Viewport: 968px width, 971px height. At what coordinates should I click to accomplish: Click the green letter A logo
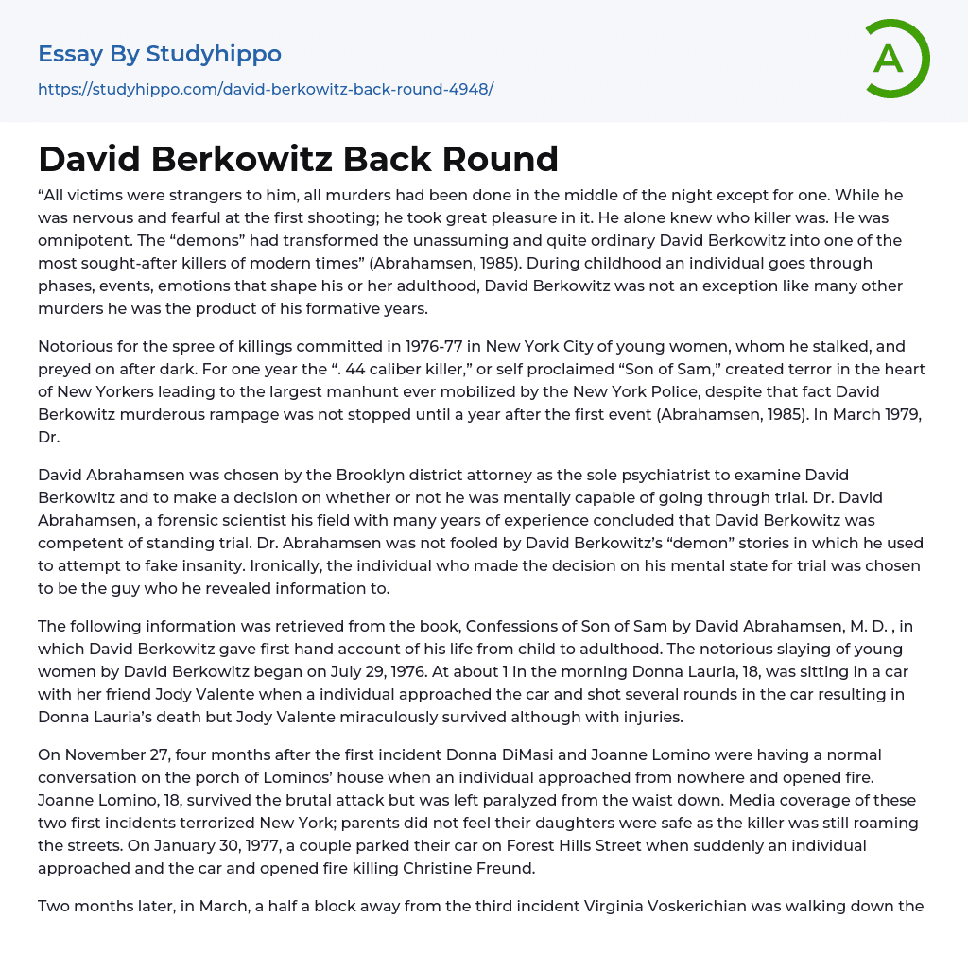pyautogui.click(x=896, y=59)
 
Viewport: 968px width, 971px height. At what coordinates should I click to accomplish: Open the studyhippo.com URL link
pyautogui.click(x=266, y=89)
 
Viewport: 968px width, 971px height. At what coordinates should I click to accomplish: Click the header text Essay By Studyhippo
pyautogui.click(x=160, y=54)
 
